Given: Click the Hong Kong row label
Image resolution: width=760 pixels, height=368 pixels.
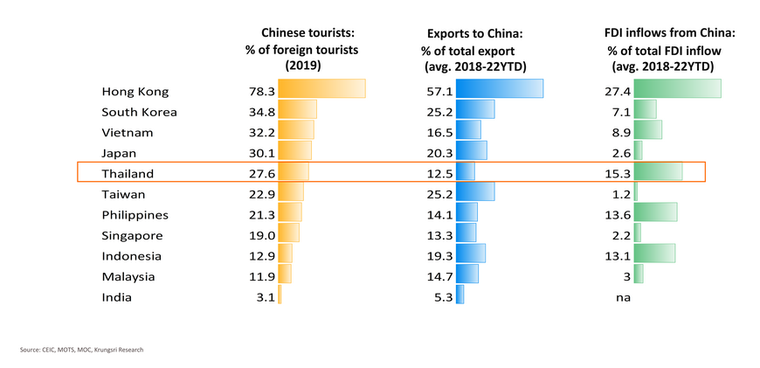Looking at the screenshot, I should (135, 92).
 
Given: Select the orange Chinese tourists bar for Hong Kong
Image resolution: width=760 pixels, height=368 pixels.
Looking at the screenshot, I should (321, 89).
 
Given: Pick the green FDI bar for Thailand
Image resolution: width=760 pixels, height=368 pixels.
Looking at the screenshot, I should (658, 172).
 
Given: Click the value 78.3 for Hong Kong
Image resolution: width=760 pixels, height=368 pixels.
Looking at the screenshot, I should (262, 92).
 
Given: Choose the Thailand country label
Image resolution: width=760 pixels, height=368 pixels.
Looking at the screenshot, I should (128, 174).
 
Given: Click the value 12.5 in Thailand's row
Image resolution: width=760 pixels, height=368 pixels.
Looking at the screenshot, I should (438, 174).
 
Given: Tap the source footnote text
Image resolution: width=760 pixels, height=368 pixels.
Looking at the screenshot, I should (81, 350).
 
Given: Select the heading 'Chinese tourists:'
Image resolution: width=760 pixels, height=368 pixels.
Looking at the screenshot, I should (301, 32).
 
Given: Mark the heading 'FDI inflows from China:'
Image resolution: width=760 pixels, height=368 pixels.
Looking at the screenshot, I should (664, 32).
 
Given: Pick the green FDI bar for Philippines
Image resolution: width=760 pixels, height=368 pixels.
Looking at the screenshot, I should (655, 212).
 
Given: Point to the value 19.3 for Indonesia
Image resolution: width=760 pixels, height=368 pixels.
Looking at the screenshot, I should (438, 256).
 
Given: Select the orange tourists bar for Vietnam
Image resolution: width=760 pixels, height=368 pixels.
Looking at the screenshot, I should (296, 130).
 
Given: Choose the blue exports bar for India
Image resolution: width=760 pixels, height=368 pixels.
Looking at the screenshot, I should (459, 295).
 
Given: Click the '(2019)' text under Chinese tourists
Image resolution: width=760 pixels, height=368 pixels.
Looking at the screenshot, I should (301, 66).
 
